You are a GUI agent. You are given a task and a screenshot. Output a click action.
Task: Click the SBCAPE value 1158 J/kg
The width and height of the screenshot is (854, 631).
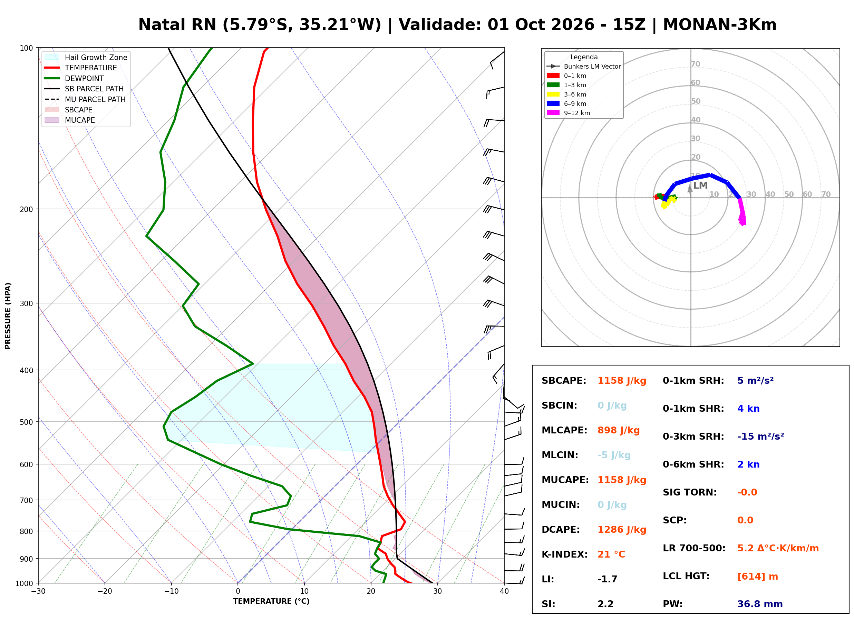click(x=622, y=381)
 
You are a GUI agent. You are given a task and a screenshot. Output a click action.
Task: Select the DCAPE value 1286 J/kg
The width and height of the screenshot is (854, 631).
click(x=622, y=530)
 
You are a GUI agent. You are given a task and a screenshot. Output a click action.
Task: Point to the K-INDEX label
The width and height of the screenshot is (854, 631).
click(x=564, y=554)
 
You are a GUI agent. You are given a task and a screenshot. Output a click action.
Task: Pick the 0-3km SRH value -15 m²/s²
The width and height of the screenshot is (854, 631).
click(x=760, y=436)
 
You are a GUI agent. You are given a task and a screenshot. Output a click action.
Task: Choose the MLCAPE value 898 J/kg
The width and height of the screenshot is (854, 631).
click(x=619, y=430)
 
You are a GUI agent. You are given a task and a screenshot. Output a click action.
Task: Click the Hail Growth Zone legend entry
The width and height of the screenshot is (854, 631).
click(x=86, y=57)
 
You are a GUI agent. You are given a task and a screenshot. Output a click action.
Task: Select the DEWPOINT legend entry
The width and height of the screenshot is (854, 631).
click(x=74, y=78)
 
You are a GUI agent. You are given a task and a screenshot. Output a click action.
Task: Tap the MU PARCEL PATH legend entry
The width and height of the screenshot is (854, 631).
click(x=85, y=99)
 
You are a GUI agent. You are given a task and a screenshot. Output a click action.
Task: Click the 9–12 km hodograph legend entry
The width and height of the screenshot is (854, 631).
click(x=568, y=113)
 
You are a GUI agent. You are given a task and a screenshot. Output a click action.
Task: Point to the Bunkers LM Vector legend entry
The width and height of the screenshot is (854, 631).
click(x=583, y=67)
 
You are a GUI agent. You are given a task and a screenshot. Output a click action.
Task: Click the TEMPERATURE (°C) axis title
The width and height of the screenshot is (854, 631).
click(x=271, y=601)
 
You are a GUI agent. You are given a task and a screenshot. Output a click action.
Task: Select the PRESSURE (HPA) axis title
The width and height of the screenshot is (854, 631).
click(x=8, y=316)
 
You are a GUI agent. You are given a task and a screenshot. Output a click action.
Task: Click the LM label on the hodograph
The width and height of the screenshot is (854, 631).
click(x=700, y=186)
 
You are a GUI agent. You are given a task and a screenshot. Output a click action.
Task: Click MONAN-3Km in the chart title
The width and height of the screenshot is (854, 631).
click(x=719, y=25)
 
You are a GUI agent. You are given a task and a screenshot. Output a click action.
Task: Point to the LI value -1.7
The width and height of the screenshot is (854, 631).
click(x=607, y=579)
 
